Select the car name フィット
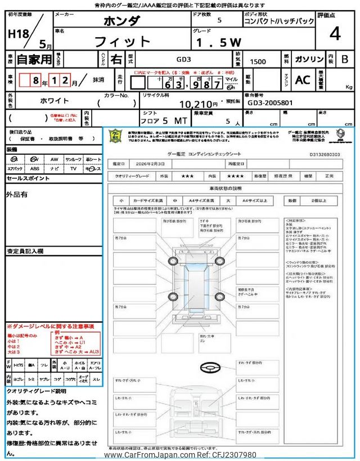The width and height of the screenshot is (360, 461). coord(122,41)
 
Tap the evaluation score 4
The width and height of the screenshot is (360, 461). coord(335,33)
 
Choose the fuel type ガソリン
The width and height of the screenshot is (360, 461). coord(308,59)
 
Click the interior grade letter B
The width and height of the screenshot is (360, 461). coord(344,59)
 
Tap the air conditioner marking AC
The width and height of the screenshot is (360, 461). coord(302,80)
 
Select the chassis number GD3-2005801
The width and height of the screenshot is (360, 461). coord(270,103)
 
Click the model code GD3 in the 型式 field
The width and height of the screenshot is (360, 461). coord(183,59)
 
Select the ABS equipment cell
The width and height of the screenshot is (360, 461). coord(35,168)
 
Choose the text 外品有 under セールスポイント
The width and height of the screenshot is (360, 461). coord(16,194)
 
